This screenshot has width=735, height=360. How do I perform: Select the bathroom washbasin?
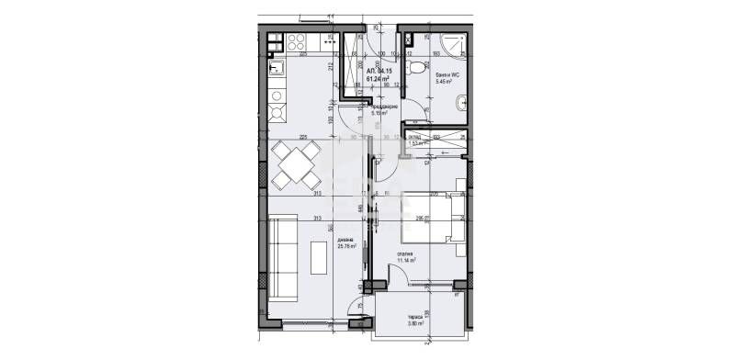[417, 40]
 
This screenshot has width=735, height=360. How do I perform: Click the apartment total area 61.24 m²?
[379, 78]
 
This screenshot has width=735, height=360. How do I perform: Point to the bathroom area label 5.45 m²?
[447, 82]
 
